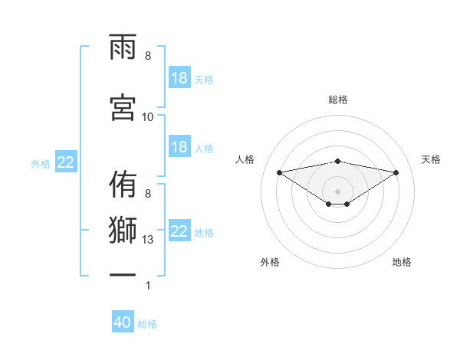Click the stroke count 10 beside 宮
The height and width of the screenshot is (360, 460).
point(148,117)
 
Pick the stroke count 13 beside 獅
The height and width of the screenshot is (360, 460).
point(148,240)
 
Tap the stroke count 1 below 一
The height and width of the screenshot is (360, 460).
point(148,286)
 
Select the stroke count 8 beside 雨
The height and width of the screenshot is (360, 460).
point(148,56)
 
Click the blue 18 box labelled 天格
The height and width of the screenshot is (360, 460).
point(179,78)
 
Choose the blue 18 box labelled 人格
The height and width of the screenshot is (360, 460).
point(179,147)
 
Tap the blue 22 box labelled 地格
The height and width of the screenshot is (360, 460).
point(179,231)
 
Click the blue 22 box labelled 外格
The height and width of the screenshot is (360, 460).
point(66,162)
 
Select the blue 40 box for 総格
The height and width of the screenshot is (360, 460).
point(123,323)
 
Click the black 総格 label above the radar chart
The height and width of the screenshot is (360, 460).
point(338,100)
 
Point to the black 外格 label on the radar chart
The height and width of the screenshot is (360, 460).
point(270,262)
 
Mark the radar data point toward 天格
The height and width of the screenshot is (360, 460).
point(396,172)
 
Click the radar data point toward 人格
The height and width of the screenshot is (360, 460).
point(279,172)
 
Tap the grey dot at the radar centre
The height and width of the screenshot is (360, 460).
point(338,191)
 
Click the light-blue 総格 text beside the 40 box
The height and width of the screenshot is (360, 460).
point(148,324)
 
